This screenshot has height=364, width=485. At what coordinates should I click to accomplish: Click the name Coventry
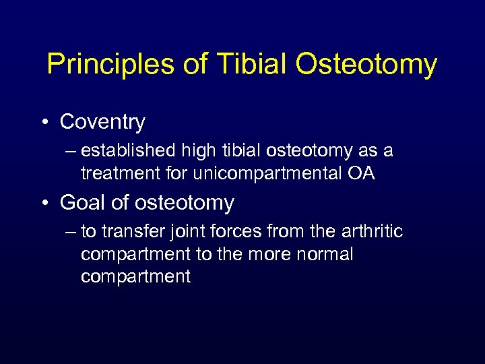(102, 122)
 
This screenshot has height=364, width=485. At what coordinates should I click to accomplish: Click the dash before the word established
(72, 151)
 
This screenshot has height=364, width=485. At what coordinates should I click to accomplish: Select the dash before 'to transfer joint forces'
(72, 232)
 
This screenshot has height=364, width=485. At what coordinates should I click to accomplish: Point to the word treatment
(119, 173)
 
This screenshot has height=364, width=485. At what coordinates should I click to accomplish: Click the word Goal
(82, 203)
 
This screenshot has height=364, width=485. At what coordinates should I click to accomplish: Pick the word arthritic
(370, 232)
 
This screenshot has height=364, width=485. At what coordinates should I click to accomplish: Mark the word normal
(320, 254)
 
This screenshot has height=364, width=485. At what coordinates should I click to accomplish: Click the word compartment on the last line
(135, 277)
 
